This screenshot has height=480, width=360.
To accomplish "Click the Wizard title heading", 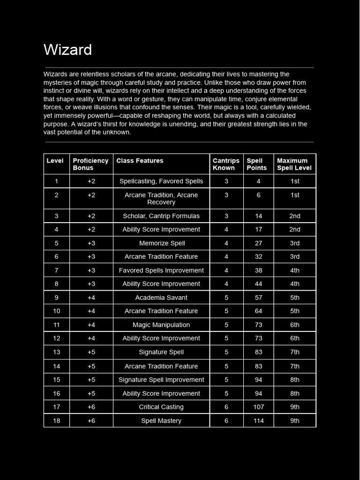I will [x=67, y=50].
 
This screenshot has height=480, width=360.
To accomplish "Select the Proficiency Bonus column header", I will [x=90, y=164].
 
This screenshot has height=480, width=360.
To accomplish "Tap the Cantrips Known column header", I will [x=226, y=164].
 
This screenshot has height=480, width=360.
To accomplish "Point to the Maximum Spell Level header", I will [x=294, y=164].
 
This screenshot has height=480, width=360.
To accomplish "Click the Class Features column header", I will [x=140, y=161].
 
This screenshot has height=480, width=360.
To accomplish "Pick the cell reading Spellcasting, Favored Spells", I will [x=161, y=181].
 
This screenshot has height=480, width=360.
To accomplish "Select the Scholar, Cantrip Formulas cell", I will [x=161, y=216].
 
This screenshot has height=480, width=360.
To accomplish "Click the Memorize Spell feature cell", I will [x=162, y=243].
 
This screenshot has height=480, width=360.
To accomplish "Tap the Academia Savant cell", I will [x=161, y=298].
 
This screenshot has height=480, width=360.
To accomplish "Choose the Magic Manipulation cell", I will [x=161, y=325].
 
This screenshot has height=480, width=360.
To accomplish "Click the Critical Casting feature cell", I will [x=161, y=407].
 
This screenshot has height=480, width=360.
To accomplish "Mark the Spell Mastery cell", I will [x=161, y=421].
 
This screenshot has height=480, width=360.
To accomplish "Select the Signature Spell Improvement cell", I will [x=161, y=380].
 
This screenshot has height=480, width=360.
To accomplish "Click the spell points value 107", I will [x=258, y=407].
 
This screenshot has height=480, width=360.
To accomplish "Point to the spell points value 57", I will [x=258, y=298].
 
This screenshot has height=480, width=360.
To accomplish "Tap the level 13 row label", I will [x=56, y=352].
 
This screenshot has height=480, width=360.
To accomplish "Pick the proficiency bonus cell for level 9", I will [x=91, y=298].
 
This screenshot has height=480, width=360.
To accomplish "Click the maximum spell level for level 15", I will [x=294, y=380].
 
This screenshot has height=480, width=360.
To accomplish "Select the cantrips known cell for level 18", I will [x=226, y=421].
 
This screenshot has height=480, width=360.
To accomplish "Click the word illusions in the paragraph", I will [x=103, y=107].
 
